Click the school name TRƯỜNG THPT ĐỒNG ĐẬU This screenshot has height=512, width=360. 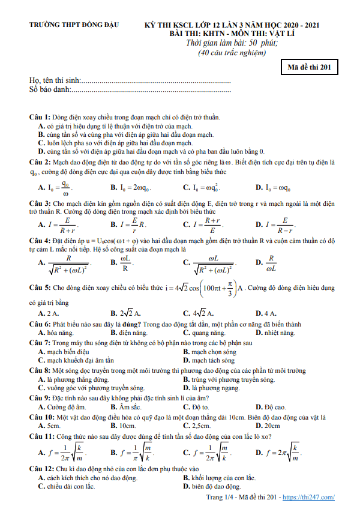pyautogui.click(x=75, y=25)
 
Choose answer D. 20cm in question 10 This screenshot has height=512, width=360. pyautogui.click(x=268, y=425)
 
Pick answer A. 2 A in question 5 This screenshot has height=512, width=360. pyautogui.click(x=49, y=313)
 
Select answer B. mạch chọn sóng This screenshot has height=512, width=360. pyautogui.click(x=209, y=352)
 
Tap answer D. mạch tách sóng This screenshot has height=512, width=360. pyautogui.click(x=209, y=361)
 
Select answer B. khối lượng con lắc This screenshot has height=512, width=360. pyautogui.click(x=220, y=478)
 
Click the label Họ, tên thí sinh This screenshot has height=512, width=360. pyautogui.click(x=55, y=80)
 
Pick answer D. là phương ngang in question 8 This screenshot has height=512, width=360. pyautogui.click(x=215, y=388)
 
